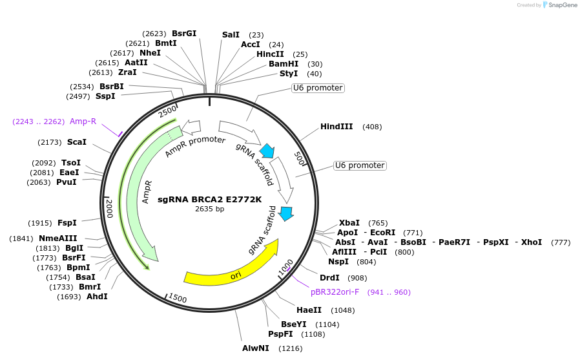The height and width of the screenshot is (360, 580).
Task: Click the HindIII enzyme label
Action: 337,127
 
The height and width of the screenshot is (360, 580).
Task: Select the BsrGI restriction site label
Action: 184,33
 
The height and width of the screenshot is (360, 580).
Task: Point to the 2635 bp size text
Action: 210,209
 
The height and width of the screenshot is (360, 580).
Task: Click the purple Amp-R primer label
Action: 83,121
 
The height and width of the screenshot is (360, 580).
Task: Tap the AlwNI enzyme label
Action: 256,348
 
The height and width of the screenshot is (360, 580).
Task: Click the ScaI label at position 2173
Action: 76,142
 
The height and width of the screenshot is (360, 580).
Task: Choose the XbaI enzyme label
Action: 349,222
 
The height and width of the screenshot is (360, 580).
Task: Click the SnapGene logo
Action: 559,5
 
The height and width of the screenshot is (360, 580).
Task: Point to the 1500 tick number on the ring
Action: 177,299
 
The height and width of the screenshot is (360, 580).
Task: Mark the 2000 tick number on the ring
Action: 109,209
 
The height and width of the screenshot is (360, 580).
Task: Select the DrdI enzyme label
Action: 329,277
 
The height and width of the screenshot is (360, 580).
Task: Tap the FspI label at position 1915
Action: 67,223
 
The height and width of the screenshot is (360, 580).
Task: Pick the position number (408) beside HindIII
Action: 372,127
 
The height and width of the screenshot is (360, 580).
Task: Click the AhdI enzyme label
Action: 97,297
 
